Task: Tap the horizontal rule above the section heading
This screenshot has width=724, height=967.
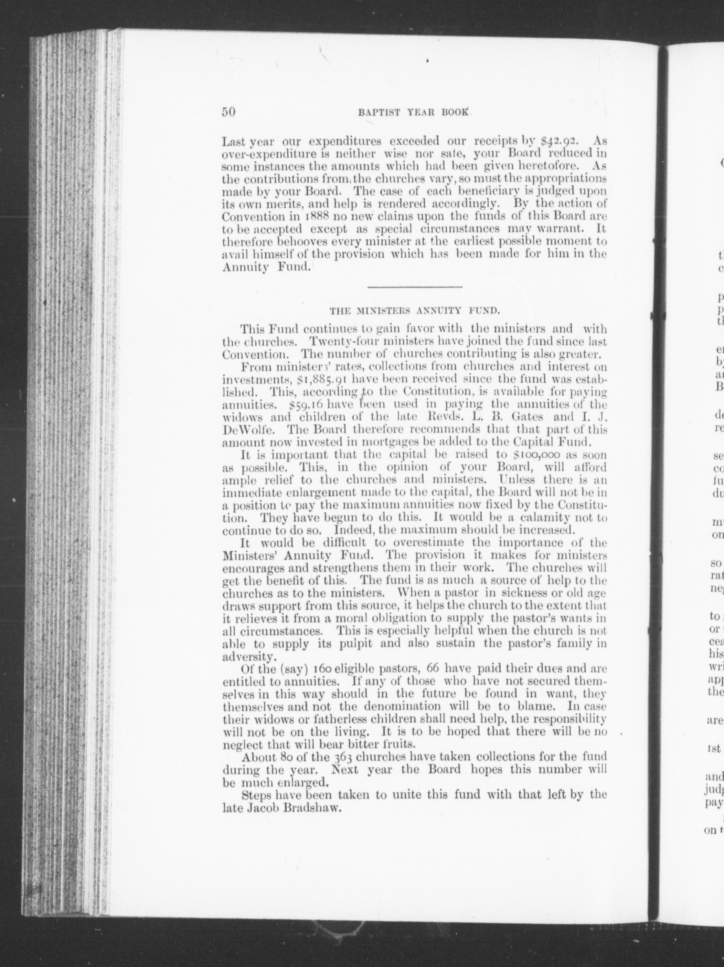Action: click(415, 287)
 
